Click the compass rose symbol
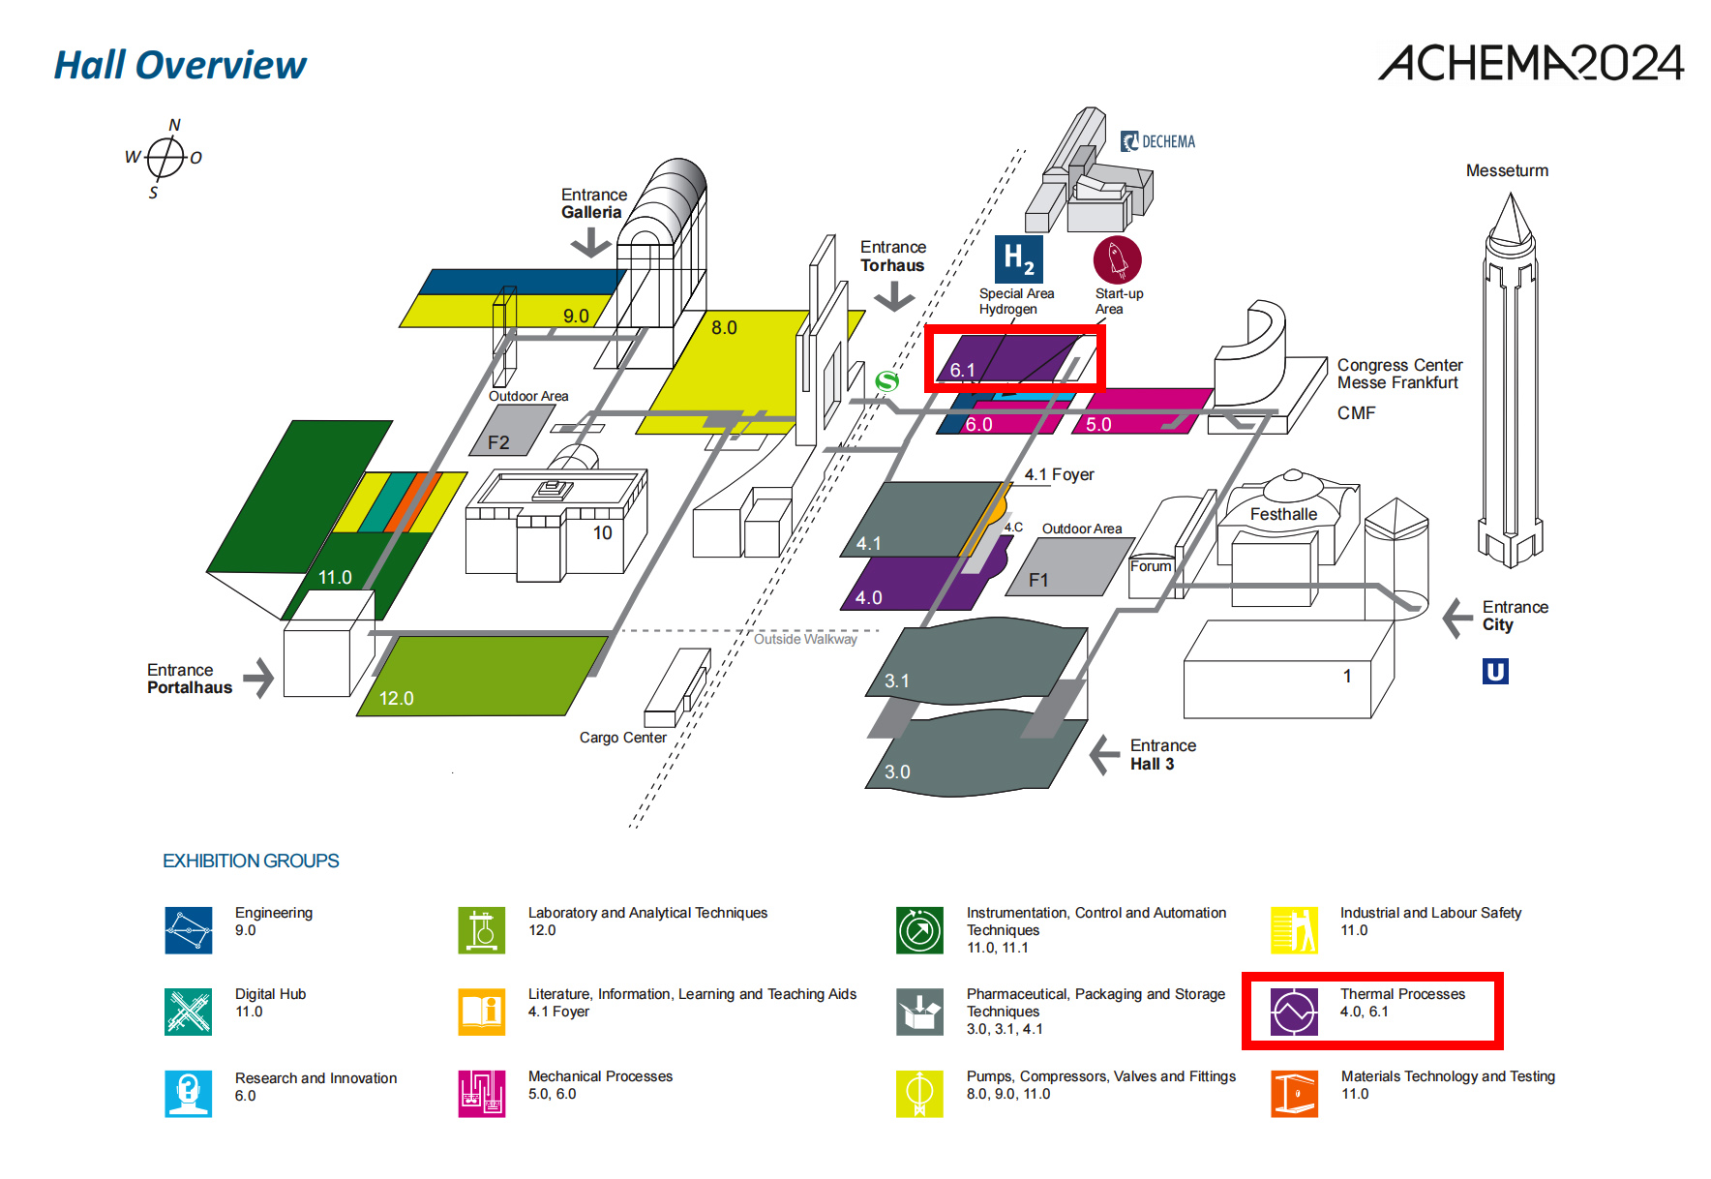[x=165, y=157]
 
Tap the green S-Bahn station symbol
[x=886, y=381]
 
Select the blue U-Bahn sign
[x=1495, y=671]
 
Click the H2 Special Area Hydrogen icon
[x=1018, y=259]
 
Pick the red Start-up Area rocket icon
[x=1117, y=259]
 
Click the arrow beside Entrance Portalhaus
[x=258, y=678]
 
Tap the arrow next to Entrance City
[x=1457, y=618]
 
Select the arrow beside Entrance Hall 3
[x=1104, y=755]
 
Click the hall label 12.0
[x=396, y=698]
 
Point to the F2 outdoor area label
[x=498, y=442]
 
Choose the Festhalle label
[x=1283, y=514]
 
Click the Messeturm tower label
[x=1507, y=170]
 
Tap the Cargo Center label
[x=622, y=738]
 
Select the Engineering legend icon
[x=189, y=930]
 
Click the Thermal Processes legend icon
[x=1294, y=1013]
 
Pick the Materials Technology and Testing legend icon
[x=1294, y=1094]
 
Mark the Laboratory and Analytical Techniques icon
[x=482, y=930]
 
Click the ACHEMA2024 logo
[x=1530, y=63]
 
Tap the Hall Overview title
[x=180, y=65]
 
